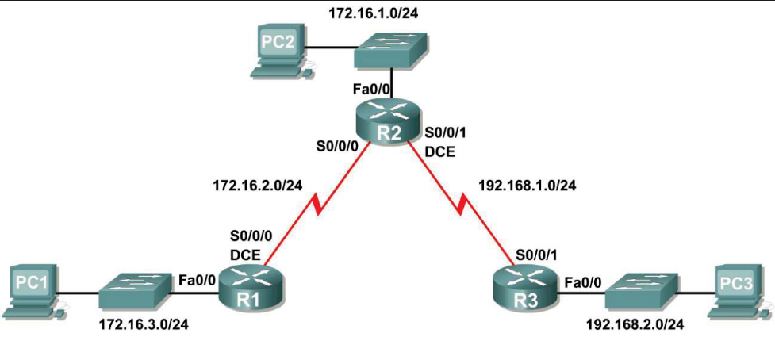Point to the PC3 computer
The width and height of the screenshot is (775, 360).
pyautogui.click(x=737, y=292)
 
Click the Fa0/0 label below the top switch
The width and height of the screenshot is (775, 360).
pyautogui.click(x=370, y=90)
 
